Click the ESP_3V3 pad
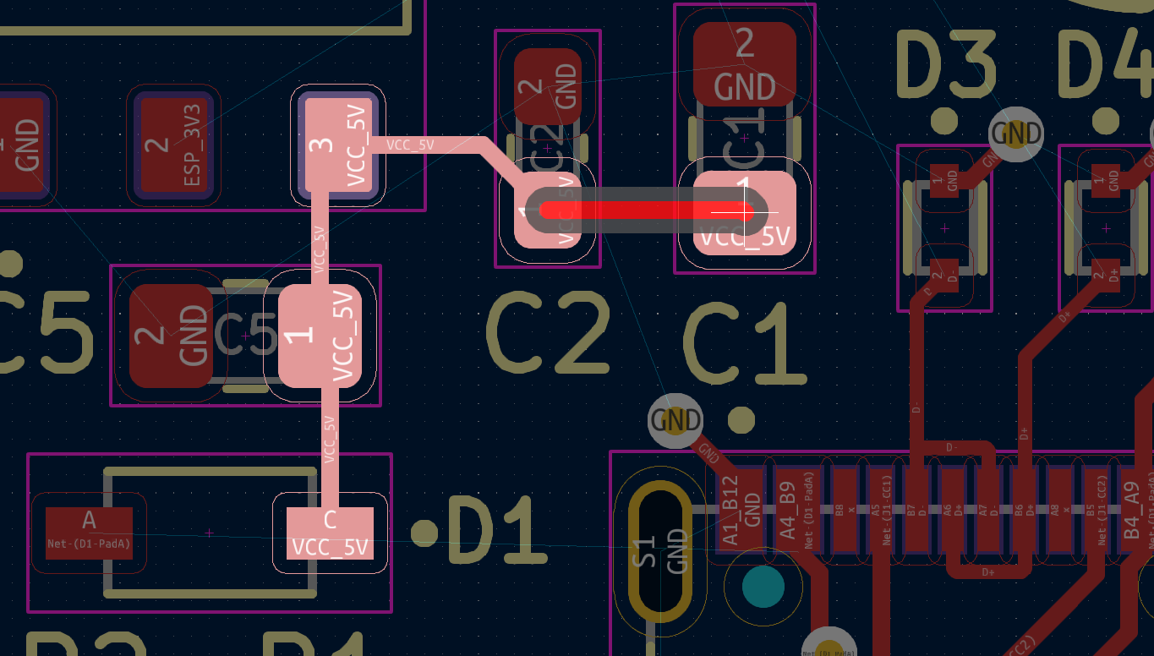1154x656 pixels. coord(173,145)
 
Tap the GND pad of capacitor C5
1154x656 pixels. coord(171,336)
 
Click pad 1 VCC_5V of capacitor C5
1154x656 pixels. coord(320,336)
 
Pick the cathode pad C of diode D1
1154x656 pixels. coord(330,533)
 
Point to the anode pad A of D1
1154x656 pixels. coord(89,533)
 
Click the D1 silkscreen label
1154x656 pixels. coord(494,531)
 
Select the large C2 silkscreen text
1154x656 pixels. coord(548,334)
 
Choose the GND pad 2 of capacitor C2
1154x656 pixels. coord(548,85)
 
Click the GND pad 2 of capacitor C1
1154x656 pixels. coord(744,63)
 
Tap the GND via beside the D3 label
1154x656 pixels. coord(1015,134)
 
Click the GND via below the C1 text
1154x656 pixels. coord(675,420)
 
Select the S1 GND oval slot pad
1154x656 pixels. coord(659,550)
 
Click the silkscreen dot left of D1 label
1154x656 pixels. coord(424,532)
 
